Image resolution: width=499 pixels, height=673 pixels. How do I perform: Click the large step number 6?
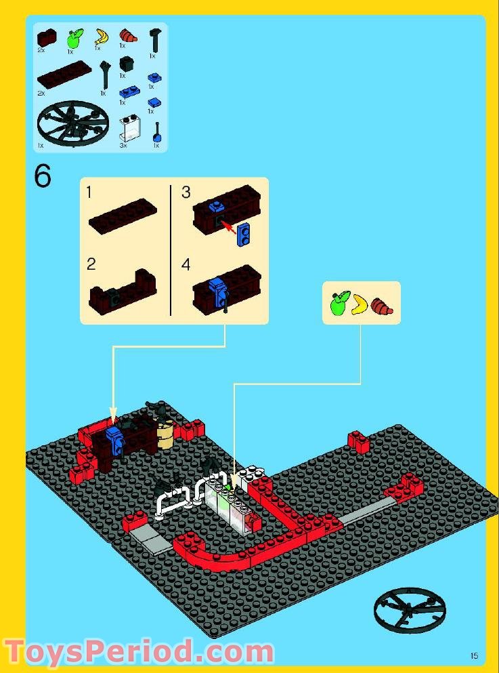tap(43, 177)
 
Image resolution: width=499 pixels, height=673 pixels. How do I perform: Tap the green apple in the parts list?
tap(72, 37)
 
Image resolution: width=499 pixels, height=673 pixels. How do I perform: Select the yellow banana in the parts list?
tap(102, 36)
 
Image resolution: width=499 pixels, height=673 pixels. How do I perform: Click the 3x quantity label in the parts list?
tap(123, 145)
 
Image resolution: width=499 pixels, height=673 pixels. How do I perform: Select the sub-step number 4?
tap(186, 264)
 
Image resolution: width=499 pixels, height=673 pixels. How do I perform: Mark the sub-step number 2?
tap(91, 264)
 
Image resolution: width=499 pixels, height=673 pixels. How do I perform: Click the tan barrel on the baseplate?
tap(165, 433)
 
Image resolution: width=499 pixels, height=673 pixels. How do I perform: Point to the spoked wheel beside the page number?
tap(409, 607)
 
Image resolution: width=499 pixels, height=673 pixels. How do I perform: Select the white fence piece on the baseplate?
tap(173, 501)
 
